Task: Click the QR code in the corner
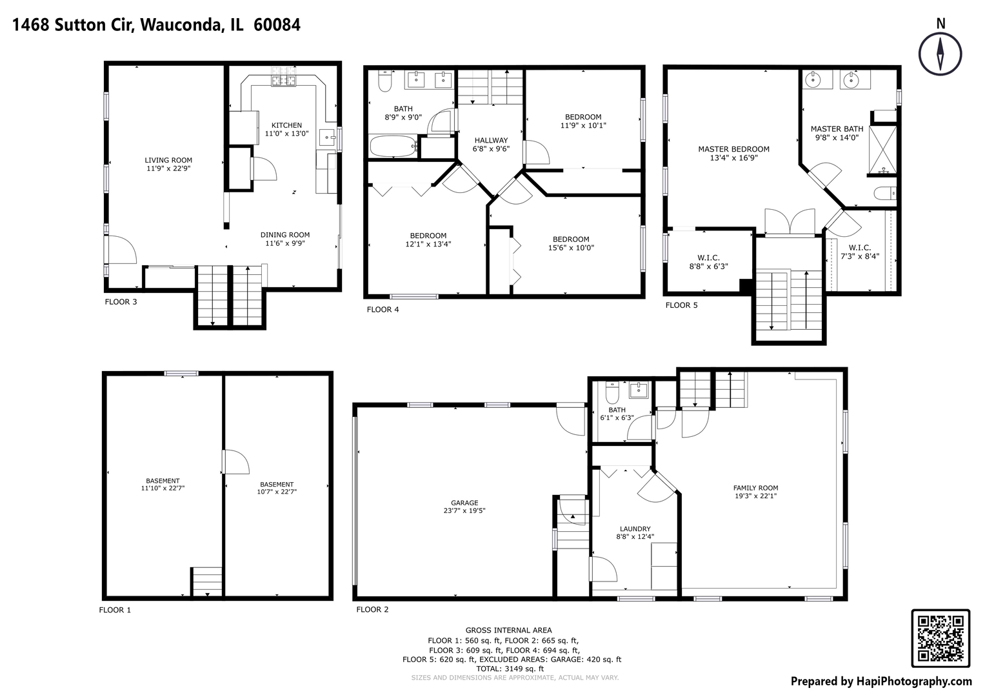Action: click(x=940, y=638)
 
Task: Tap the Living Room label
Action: click(x=168, y=160)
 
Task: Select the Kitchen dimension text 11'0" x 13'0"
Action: click(x=286, y=134)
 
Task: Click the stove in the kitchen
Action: click(x=283, y=81)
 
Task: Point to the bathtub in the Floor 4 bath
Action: click(x=393, y=146)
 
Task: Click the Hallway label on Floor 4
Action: click(x=491, y=140)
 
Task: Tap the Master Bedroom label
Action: click(x=733, y=149)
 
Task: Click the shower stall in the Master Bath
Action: click(x=882, y=150)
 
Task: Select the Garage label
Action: click(x=464, y=503)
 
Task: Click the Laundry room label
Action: click(x=635, y=529)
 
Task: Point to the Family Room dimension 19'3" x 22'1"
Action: click(x=755, y=496)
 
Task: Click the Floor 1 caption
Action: click(x=115, y=610)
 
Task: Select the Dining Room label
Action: click(x=285, y=235)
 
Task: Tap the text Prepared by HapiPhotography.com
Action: click(x=881, y=681)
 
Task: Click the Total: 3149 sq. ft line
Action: click(x=510, y=669)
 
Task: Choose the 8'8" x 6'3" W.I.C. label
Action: click(x=708, y=266)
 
